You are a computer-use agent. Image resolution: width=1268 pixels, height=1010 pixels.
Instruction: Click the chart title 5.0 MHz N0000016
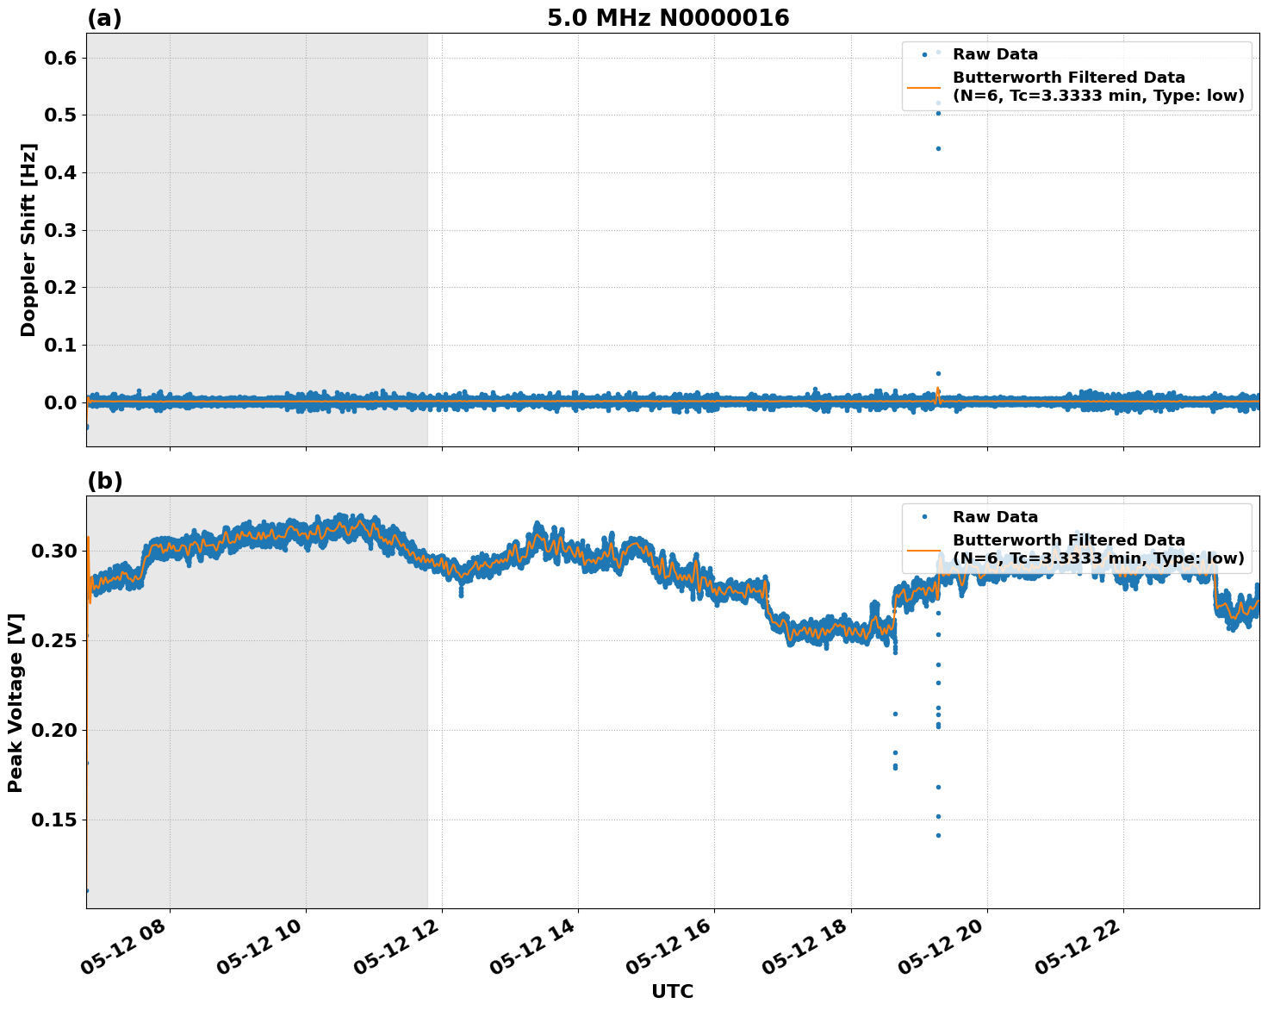click(668, 18)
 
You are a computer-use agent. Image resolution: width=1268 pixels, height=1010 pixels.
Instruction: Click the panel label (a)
click(105, 18)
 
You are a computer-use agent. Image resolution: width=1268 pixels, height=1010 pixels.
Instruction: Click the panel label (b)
click(105, 481)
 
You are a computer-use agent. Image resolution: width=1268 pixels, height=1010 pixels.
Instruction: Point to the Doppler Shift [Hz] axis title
click(28, 240)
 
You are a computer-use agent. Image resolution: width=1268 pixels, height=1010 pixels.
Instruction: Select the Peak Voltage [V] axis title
click(16, 702)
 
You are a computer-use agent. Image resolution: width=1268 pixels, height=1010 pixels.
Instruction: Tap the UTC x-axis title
click(672, 991)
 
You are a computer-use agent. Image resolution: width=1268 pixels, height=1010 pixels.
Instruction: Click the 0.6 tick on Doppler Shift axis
click(61, 58)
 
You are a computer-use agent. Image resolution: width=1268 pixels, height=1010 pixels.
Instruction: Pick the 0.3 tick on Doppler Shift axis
click(61, 230)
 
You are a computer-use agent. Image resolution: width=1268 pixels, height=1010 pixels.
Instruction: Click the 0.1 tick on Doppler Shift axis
click(61, 346)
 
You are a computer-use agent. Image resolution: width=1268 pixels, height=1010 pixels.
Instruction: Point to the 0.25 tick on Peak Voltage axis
click(55, 640)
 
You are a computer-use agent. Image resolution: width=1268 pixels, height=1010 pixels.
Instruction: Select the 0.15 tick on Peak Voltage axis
click(55, 820)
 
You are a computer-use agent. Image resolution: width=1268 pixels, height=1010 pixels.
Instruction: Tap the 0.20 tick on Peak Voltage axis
click(55, 730)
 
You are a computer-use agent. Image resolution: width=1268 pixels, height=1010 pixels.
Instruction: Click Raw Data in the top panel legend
click(995, 54)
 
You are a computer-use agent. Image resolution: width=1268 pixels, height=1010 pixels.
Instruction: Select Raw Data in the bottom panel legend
click(995, 517)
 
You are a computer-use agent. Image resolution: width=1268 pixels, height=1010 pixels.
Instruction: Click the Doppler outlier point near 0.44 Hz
click(938, 148)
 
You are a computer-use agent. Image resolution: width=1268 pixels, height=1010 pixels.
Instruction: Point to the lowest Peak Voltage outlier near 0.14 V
click(938, 835)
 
